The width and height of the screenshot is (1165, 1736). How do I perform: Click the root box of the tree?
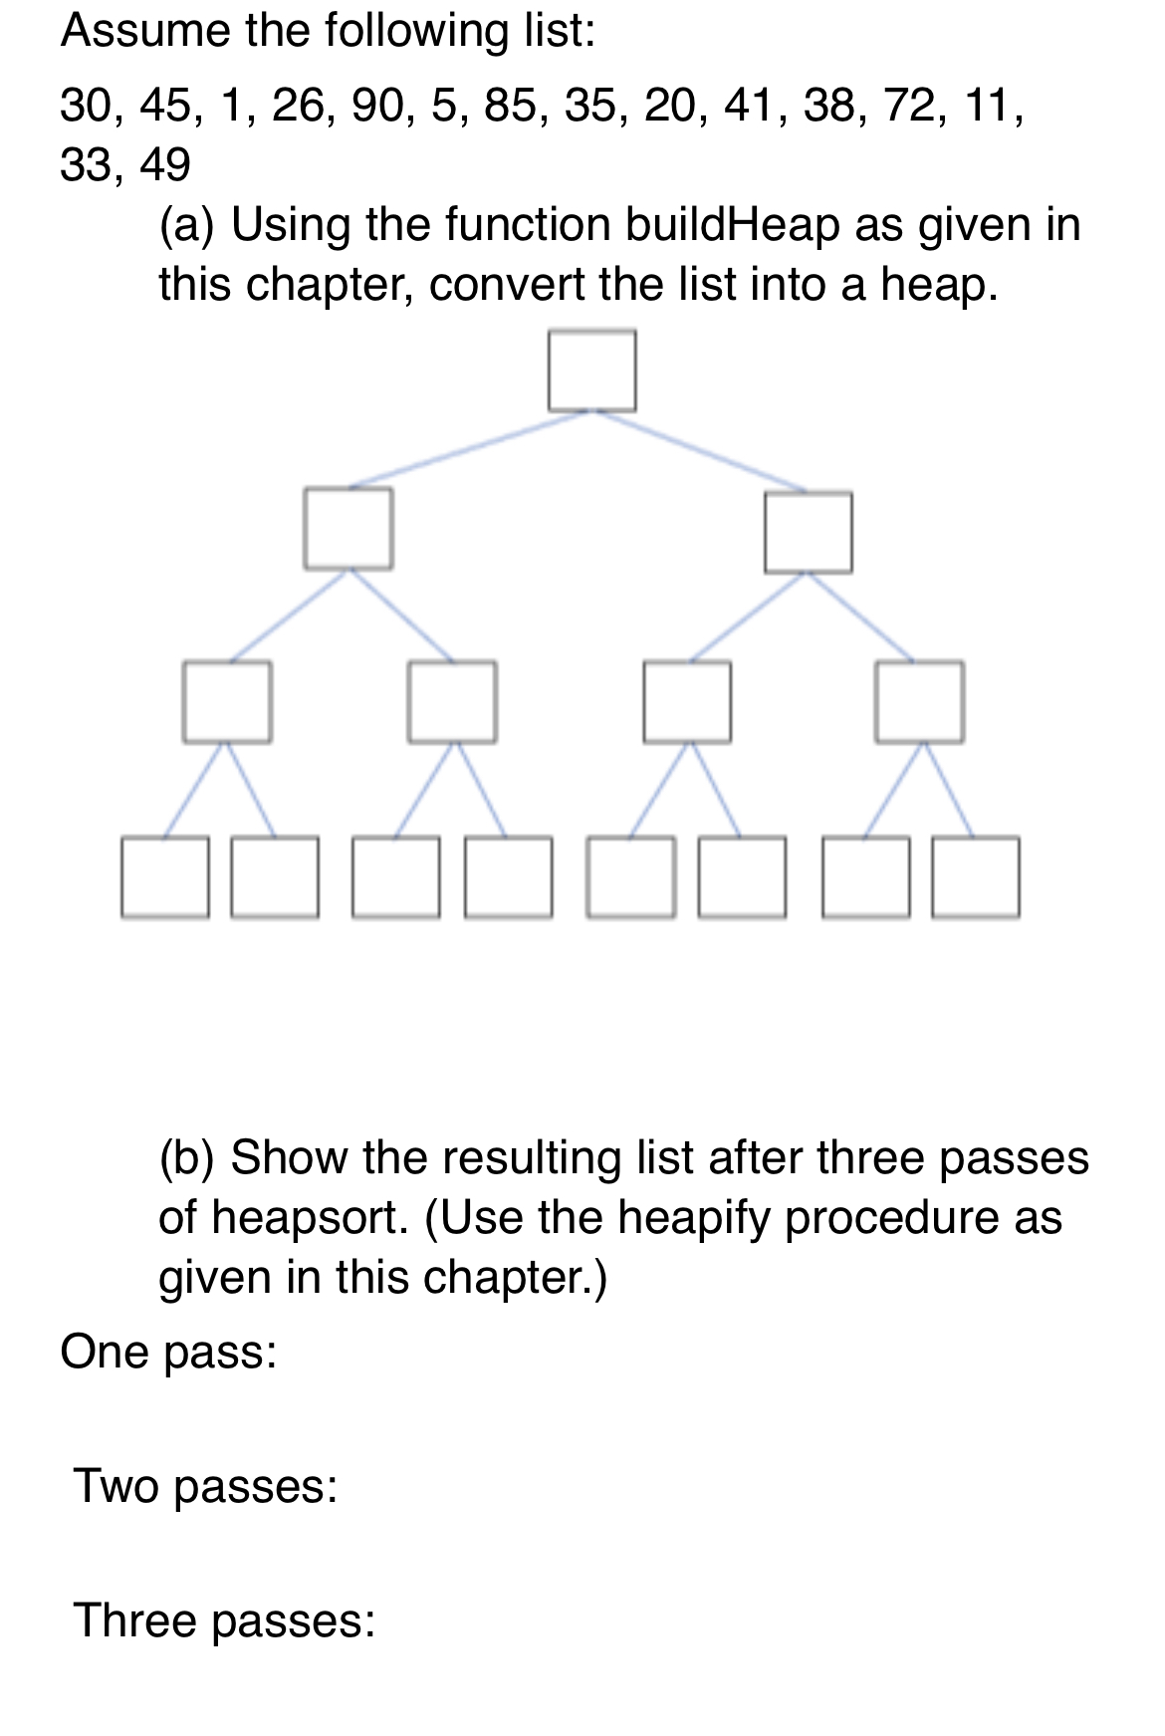[591, 371]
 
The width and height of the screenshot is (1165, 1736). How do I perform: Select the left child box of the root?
[348, 528]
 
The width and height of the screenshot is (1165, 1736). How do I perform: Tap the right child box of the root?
[808, 532]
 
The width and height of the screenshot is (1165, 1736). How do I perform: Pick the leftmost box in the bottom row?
[165, 876]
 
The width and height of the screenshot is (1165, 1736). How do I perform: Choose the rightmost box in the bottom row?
[976, 876]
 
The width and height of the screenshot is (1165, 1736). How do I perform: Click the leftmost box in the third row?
[227, 701]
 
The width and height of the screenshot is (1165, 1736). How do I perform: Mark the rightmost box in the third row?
[919, 701]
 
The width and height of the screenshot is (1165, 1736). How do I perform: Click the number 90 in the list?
[377, 105]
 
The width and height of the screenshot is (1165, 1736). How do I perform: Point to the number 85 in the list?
[510, 105]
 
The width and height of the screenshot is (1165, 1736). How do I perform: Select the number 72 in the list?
[909, 105]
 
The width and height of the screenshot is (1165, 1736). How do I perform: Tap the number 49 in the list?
[164, 164]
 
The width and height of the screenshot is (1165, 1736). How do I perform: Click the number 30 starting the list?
[86, 105]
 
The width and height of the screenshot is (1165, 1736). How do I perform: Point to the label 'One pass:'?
[168, 1352]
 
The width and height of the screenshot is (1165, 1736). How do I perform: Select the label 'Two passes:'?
[205, 1486]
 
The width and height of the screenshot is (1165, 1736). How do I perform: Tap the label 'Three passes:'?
[224, 1620]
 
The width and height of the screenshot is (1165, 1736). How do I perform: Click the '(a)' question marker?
[186, 224]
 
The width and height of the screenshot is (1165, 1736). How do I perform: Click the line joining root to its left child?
[468, 449]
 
